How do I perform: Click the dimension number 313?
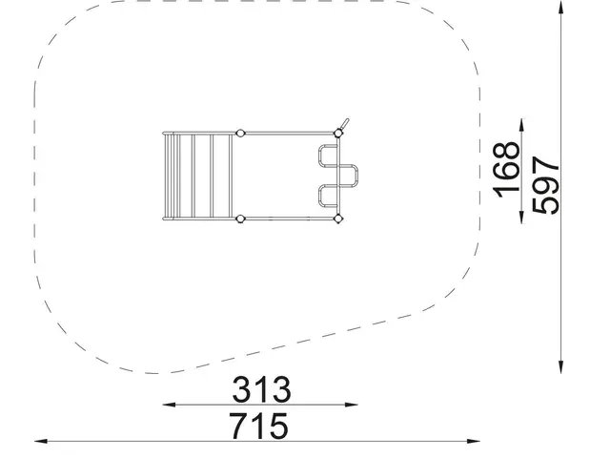pos(261,389)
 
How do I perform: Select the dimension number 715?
pos(259,426)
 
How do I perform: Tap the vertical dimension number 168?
pos(506,170)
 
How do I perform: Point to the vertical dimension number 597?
pos(545,185)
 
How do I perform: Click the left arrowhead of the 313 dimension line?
pos(169,405)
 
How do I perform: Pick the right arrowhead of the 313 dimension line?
pos(352,405)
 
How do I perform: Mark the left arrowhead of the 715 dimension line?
pos(41,441)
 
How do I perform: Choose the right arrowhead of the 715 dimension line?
pos(474,441)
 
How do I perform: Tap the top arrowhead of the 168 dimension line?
pos(521,125)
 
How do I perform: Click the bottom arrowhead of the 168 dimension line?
pos(521,217)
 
